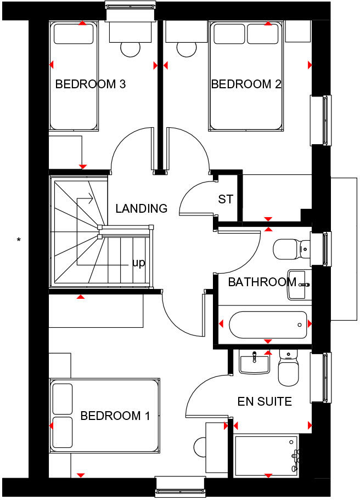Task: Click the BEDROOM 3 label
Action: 91,84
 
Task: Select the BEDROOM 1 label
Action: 115,416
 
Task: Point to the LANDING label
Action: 141,209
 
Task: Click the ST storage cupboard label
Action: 226,200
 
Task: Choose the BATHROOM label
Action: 262,282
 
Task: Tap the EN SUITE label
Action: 265,402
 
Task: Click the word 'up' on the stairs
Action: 139,263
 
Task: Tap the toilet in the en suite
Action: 288,368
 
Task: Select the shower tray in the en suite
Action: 267,455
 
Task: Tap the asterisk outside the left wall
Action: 19,240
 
